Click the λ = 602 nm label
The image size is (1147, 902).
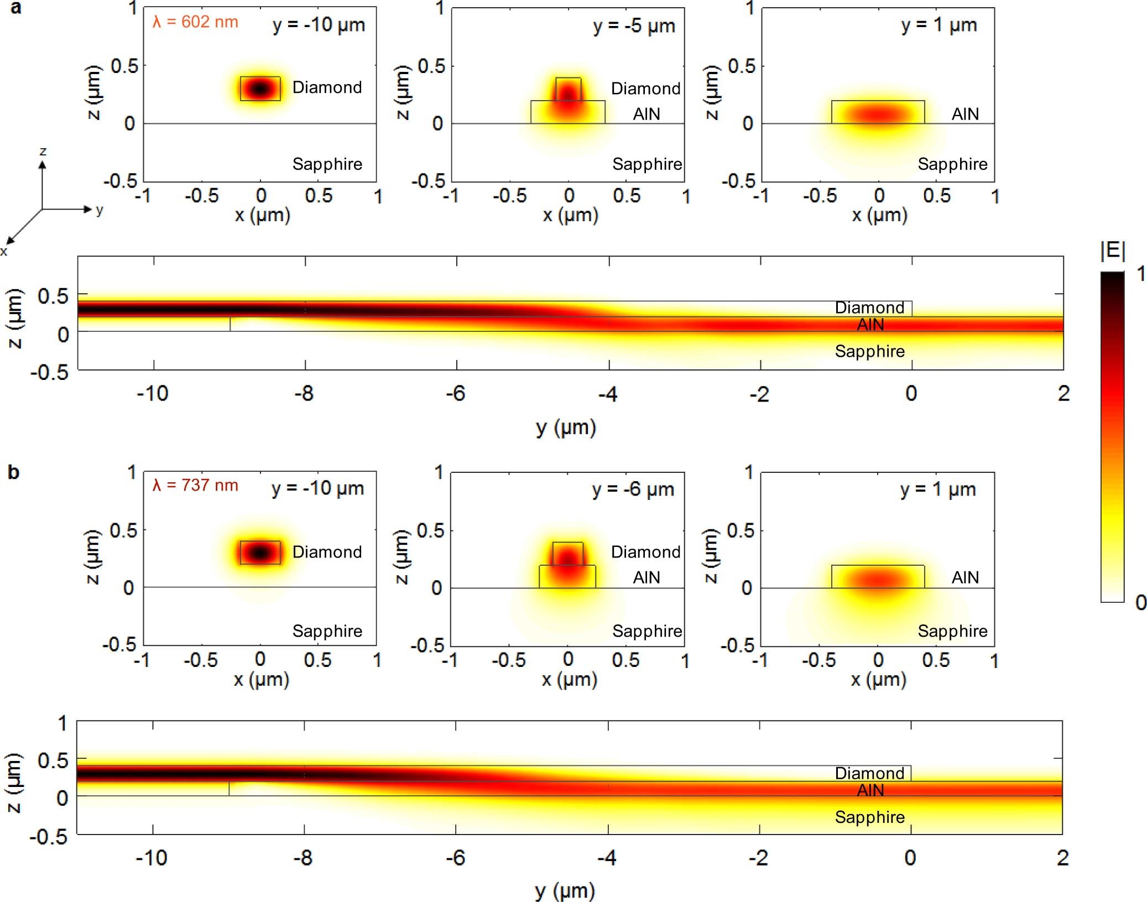pos(195,22)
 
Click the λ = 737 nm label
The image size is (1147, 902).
pos(195,486)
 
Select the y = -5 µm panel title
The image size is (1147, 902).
pos(634,26)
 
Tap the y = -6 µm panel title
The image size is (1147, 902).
pos(633,489)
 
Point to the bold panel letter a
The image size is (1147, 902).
pos(15,7)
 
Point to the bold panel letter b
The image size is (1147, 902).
pos(13,472)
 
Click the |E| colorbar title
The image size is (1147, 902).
pos(1113,251)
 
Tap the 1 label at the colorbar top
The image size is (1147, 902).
pos(1140,274)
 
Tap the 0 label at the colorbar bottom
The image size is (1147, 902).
pos(1140,603)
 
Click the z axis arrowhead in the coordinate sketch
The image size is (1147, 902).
pos(42,165)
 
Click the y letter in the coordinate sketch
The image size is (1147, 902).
pos(100,210)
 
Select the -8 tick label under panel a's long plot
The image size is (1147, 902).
pos(304,394)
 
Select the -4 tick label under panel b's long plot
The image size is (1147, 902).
pos(607,858)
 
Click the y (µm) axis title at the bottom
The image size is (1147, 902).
pos(565,890)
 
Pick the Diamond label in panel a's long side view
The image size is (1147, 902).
pos(869,308)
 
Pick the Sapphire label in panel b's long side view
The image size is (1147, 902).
pos(869,817)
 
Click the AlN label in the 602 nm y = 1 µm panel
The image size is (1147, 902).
pos(965,114)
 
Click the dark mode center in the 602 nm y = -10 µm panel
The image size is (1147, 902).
pos(260,88)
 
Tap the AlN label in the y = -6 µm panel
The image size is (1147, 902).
pos(646,577)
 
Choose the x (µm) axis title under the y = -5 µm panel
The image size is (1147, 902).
pos(570,215)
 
